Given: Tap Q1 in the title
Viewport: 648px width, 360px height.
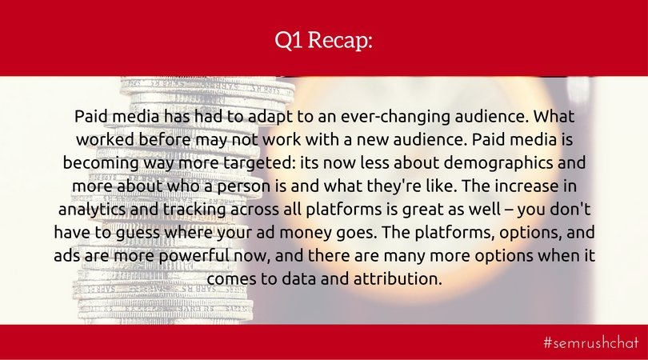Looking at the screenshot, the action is [x=289, y=40].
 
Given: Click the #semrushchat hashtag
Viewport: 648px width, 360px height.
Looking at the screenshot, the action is [x=591, y=342].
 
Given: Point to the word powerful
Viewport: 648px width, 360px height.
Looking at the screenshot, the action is [x=194, y=256].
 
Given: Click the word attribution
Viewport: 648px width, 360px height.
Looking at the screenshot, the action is [x=398, y=279].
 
